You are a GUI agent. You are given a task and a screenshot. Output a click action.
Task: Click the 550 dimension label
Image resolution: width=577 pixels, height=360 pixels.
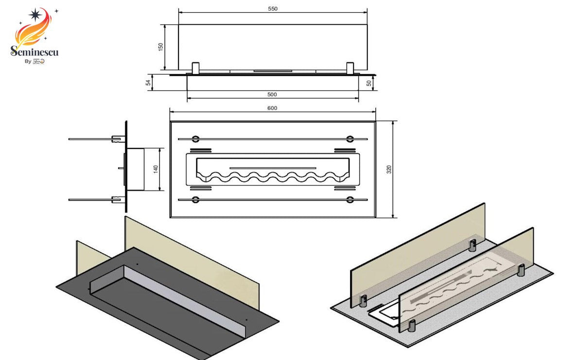point(272,9)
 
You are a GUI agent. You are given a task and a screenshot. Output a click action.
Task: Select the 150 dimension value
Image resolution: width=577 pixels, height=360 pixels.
point(161,47)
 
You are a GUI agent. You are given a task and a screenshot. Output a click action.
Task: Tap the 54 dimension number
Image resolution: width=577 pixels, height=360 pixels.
point(148,83)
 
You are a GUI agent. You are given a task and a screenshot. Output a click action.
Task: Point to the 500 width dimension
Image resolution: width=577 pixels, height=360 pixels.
point(272,95)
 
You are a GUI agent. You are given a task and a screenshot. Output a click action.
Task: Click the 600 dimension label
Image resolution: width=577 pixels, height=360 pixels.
point(272,108)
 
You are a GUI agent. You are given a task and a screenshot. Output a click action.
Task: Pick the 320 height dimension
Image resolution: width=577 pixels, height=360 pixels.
point(389,169)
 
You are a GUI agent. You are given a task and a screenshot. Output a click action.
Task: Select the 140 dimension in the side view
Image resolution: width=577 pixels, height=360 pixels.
point(156,169)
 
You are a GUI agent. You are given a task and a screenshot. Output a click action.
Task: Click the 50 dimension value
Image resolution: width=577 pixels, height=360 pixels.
point(369,83)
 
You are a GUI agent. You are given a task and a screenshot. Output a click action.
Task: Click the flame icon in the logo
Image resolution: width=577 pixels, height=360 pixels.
point(34,27)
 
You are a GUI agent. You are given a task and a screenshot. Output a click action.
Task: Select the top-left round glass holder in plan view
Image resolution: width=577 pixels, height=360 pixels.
point(195,138)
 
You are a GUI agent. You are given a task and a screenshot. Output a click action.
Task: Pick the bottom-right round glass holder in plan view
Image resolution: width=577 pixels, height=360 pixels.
point(350,199)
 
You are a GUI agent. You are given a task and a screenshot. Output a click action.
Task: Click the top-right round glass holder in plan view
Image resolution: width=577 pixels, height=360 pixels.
point(350,138)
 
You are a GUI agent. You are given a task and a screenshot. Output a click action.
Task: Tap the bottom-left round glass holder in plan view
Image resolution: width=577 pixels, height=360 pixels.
point(195,199)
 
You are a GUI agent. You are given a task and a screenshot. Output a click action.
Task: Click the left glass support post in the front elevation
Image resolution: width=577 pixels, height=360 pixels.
point(195,69)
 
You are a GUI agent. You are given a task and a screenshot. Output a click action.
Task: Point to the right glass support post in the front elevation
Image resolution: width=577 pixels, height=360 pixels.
point(350,69)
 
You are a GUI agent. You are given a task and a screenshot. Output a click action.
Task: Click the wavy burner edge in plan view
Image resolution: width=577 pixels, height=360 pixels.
point(272,177)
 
